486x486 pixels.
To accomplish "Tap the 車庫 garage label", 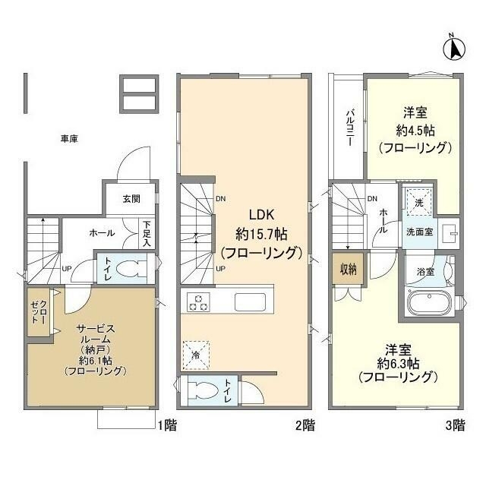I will (x=70, y=139).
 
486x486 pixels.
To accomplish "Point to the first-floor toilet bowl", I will (x=131, y=270).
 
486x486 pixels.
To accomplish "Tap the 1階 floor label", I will (x=167, y=426).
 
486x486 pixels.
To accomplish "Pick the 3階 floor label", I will (x=453, y=426).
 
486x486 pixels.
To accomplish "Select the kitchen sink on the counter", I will (x=250, y=301).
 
